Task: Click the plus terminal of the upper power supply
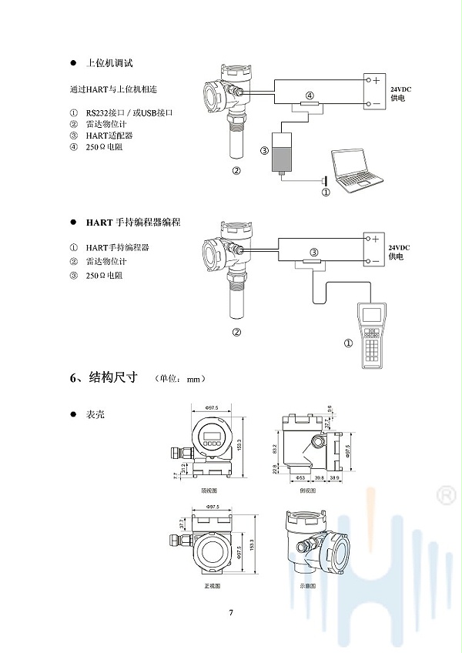[x=375, y=80]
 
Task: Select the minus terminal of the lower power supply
[x=375, y=261]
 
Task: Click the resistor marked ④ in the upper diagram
[x=310, y=105]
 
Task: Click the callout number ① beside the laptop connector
[x=326, y=193]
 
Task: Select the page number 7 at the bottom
[x=230, y=613]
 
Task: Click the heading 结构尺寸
[x=113, y=378]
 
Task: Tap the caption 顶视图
[x=209, y=490]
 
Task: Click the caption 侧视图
[x=306, y=490]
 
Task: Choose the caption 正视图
[x=212, y=586]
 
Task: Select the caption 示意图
[x=308, y=586]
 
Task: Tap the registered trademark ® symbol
[x=445, y=495]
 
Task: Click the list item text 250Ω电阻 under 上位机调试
[x=104, y=146]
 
